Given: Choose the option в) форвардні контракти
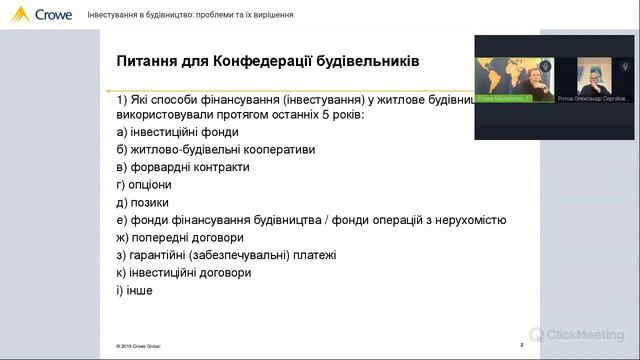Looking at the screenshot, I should tap(183, 167).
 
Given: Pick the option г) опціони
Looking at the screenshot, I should tap(145, 185).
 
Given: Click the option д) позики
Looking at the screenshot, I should tap(142, 202).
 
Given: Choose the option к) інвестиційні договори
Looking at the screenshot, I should tap(184, 272).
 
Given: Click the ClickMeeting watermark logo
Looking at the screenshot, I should tap(578, 335).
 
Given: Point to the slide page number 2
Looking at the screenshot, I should tap(522, 345).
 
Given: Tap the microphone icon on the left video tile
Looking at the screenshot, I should tap(544, 67).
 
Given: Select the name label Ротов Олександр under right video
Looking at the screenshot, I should tap(594, 99).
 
